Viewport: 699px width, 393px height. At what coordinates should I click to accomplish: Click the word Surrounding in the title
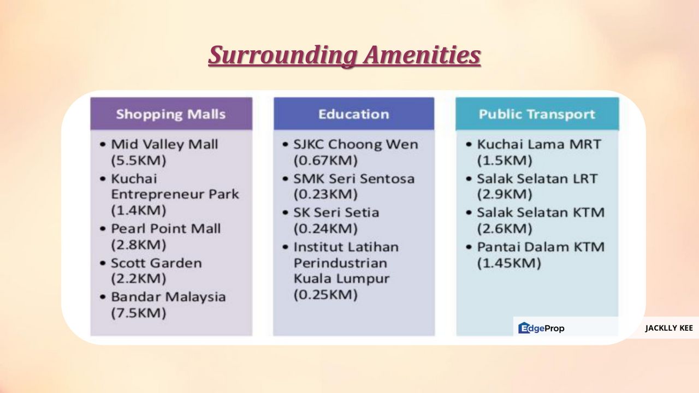pos(282,55)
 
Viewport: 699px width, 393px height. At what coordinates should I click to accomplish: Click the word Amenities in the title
pos(422,55)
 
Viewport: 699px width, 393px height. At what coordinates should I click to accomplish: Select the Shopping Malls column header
pos(171,114)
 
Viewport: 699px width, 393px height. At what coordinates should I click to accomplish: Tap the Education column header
pos(354,114)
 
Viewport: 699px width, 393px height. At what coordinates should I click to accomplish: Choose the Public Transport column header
pos(537,114)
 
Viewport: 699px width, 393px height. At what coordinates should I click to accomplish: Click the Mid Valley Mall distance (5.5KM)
pos(139,160)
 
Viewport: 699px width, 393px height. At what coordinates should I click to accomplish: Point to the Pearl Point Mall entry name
pos(165,229)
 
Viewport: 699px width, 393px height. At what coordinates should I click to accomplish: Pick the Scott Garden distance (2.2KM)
pos(139,278)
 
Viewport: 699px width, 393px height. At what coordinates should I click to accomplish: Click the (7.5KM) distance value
pos(139,313)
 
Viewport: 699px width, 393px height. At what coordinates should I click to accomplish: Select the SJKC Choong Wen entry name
pos(356,145)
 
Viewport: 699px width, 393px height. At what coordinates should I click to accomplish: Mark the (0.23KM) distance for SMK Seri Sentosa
pos(325,194)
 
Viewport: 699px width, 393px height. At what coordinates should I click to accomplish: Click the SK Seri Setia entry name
pos(336,213)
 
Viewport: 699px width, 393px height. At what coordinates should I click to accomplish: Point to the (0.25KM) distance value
pos(325,294)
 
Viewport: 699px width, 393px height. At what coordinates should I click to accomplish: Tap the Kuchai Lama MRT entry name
pos(539,145)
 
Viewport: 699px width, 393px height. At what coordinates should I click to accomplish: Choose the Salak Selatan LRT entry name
pos(537,178)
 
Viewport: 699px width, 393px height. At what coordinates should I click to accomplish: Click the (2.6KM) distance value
pos(505,229)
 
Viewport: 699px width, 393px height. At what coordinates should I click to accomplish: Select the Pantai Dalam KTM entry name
pos(541,247)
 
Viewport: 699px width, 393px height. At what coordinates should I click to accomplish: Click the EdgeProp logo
pos(541,328)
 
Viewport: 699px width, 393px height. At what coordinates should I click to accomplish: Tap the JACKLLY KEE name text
pos(669,328)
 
